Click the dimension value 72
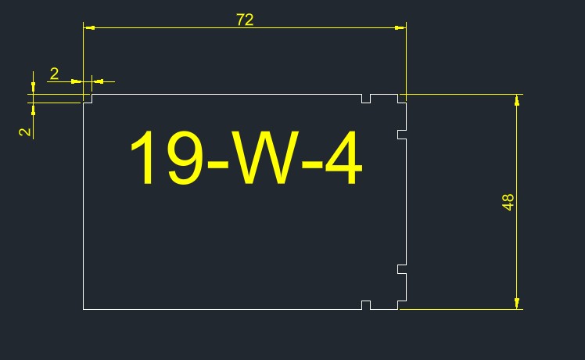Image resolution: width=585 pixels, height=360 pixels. point(245,20)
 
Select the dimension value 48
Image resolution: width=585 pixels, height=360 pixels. point(508,202)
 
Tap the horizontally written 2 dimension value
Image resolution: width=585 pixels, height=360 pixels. point(54,74)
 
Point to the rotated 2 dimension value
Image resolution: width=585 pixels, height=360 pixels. point(26,131)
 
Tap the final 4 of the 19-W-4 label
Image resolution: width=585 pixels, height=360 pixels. point(341,159)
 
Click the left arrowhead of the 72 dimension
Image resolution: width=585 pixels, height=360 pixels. point(88,28)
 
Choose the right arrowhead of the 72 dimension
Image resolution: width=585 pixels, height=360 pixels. point(400,28)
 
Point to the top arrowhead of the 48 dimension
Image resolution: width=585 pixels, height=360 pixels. point(517,99)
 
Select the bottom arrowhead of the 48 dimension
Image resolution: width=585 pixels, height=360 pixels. point(517,304)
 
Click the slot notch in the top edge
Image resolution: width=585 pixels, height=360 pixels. point(366,98)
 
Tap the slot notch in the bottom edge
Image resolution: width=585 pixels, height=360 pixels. point(366,305)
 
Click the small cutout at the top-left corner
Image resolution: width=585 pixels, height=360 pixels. point(88,99)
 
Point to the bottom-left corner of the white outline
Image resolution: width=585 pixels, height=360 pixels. point(84,309)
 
